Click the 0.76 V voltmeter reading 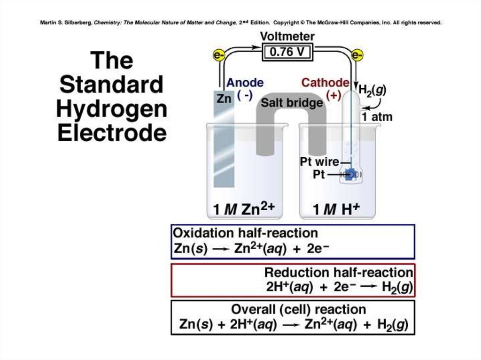(x=287, y=52)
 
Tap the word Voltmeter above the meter (x=287, y=36)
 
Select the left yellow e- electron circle (x=218, y=56)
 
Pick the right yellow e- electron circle (x=357, y=56)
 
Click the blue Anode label (x=245, y=83)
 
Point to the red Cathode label (x=325, y=83)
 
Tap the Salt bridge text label (x=292, y=102)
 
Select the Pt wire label (x=319, y=162)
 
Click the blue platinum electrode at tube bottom (x=349, y=175)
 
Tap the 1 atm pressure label (x=377, y=116)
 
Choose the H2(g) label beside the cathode (x=372, y=90)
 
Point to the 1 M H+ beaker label (x=336, y=209)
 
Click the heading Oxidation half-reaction (x=245, y=233)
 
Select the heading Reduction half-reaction (x=338, y=272)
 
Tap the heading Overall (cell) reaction (x=298, y=309)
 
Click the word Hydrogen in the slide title (x=112, y=109)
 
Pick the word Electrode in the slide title (x=112, y=133)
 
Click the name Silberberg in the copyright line (x=76, y=22)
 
